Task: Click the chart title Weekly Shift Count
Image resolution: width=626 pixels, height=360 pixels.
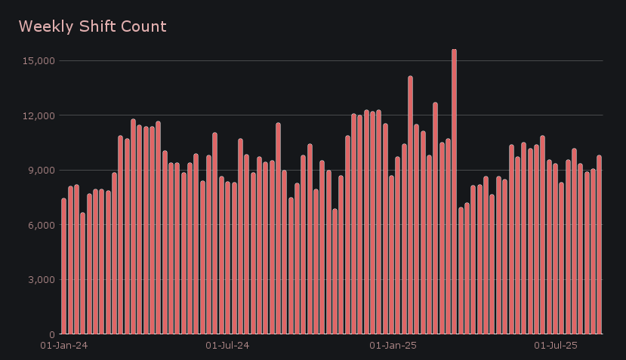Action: [x=92, y=26]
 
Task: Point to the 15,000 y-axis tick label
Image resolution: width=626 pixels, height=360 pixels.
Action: [x=37, y=60]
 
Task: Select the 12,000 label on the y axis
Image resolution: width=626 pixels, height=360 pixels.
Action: [x=37, y=115]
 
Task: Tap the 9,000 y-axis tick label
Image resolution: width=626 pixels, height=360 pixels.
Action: [x=39, y=170]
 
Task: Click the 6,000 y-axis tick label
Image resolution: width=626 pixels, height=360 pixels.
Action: [x=39, y=225]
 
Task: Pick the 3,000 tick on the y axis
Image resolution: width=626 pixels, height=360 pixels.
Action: [x=39, y=279]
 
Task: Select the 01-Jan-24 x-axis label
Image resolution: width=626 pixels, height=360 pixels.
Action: [x=63, y=346]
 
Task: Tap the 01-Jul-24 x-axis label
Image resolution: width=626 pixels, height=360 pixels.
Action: [x=227, y=346]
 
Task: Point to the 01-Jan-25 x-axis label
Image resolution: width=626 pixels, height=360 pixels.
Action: [x=393, y=346]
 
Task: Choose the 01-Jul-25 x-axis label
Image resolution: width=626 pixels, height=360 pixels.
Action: [x=556, y=346]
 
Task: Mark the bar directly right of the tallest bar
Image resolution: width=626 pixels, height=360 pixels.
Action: [x=461, y=271]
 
